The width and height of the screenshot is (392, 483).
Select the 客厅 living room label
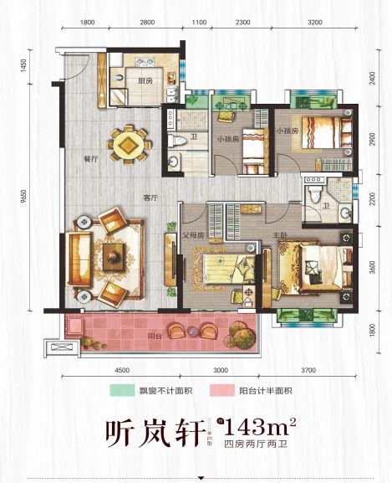point(151,198)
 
